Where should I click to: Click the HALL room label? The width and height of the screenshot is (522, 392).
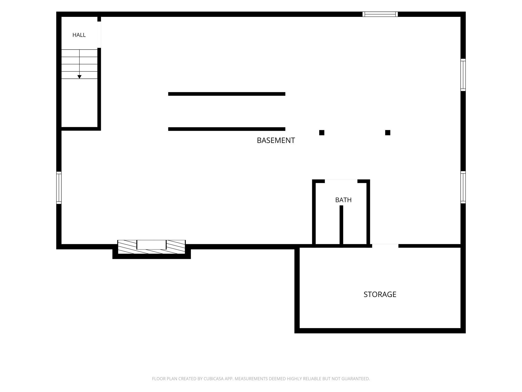click(79, 35)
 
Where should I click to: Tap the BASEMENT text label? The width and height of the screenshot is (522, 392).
click(276, 140)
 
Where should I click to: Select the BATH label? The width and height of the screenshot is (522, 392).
click(343, 200)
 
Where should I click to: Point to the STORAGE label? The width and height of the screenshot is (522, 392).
click(380, 294)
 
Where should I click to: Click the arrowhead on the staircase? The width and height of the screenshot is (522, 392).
click(80, 77)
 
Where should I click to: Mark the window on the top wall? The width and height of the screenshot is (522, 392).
click(380, 14)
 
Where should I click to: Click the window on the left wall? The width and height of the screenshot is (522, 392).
click(59, 188)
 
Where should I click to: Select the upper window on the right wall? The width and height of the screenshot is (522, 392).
click(463, 75)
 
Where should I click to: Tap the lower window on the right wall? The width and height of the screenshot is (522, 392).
click(463, 187)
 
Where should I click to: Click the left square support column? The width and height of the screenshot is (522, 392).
click(322, 133)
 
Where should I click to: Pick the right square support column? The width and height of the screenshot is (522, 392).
click(388, 133)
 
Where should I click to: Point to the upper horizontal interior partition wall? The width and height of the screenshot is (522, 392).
click(227, 94)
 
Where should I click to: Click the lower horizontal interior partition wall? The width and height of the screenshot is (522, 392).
click(227, 129)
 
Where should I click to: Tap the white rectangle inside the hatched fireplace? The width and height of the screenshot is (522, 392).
click(151, 245)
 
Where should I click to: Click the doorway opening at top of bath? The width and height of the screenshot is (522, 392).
click(341, 181)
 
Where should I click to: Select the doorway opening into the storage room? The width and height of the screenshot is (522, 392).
click(385, 246)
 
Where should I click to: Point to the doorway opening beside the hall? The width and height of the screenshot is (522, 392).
click(99, 35)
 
